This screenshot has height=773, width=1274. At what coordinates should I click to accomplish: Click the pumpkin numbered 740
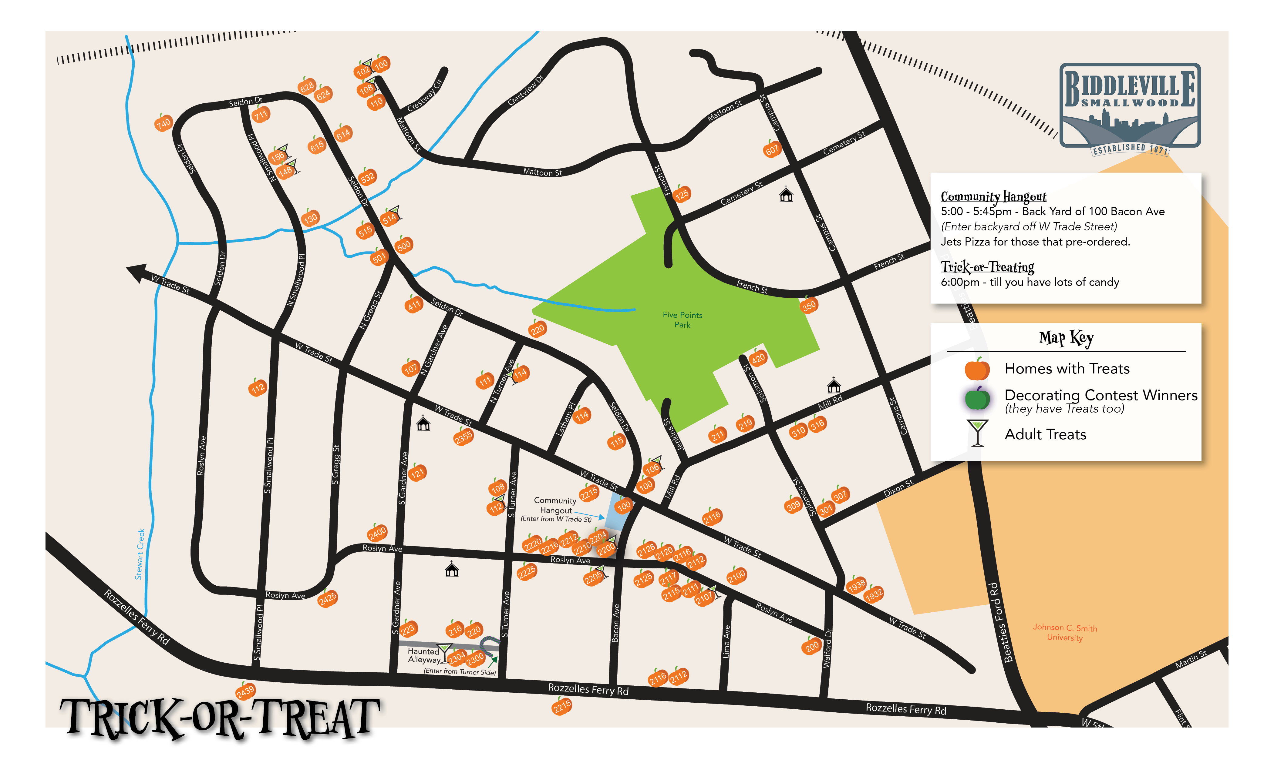(x=163, y=123)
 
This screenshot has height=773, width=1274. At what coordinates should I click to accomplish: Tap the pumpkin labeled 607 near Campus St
(x=772, y=150)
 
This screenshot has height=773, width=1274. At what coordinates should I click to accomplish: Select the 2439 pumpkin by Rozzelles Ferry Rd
(x=246, y=691)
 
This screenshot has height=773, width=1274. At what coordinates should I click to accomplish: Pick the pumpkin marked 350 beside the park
(x=809, y=305)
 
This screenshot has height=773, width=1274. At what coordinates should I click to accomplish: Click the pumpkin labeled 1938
(x=857, y=585)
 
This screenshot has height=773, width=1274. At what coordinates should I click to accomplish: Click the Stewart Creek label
(x=140, y=554)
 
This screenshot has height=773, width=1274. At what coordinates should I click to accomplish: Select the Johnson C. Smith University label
(x=1065, y=632)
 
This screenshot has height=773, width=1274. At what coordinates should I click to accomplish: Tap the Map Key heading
(x=1066, y=338)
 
